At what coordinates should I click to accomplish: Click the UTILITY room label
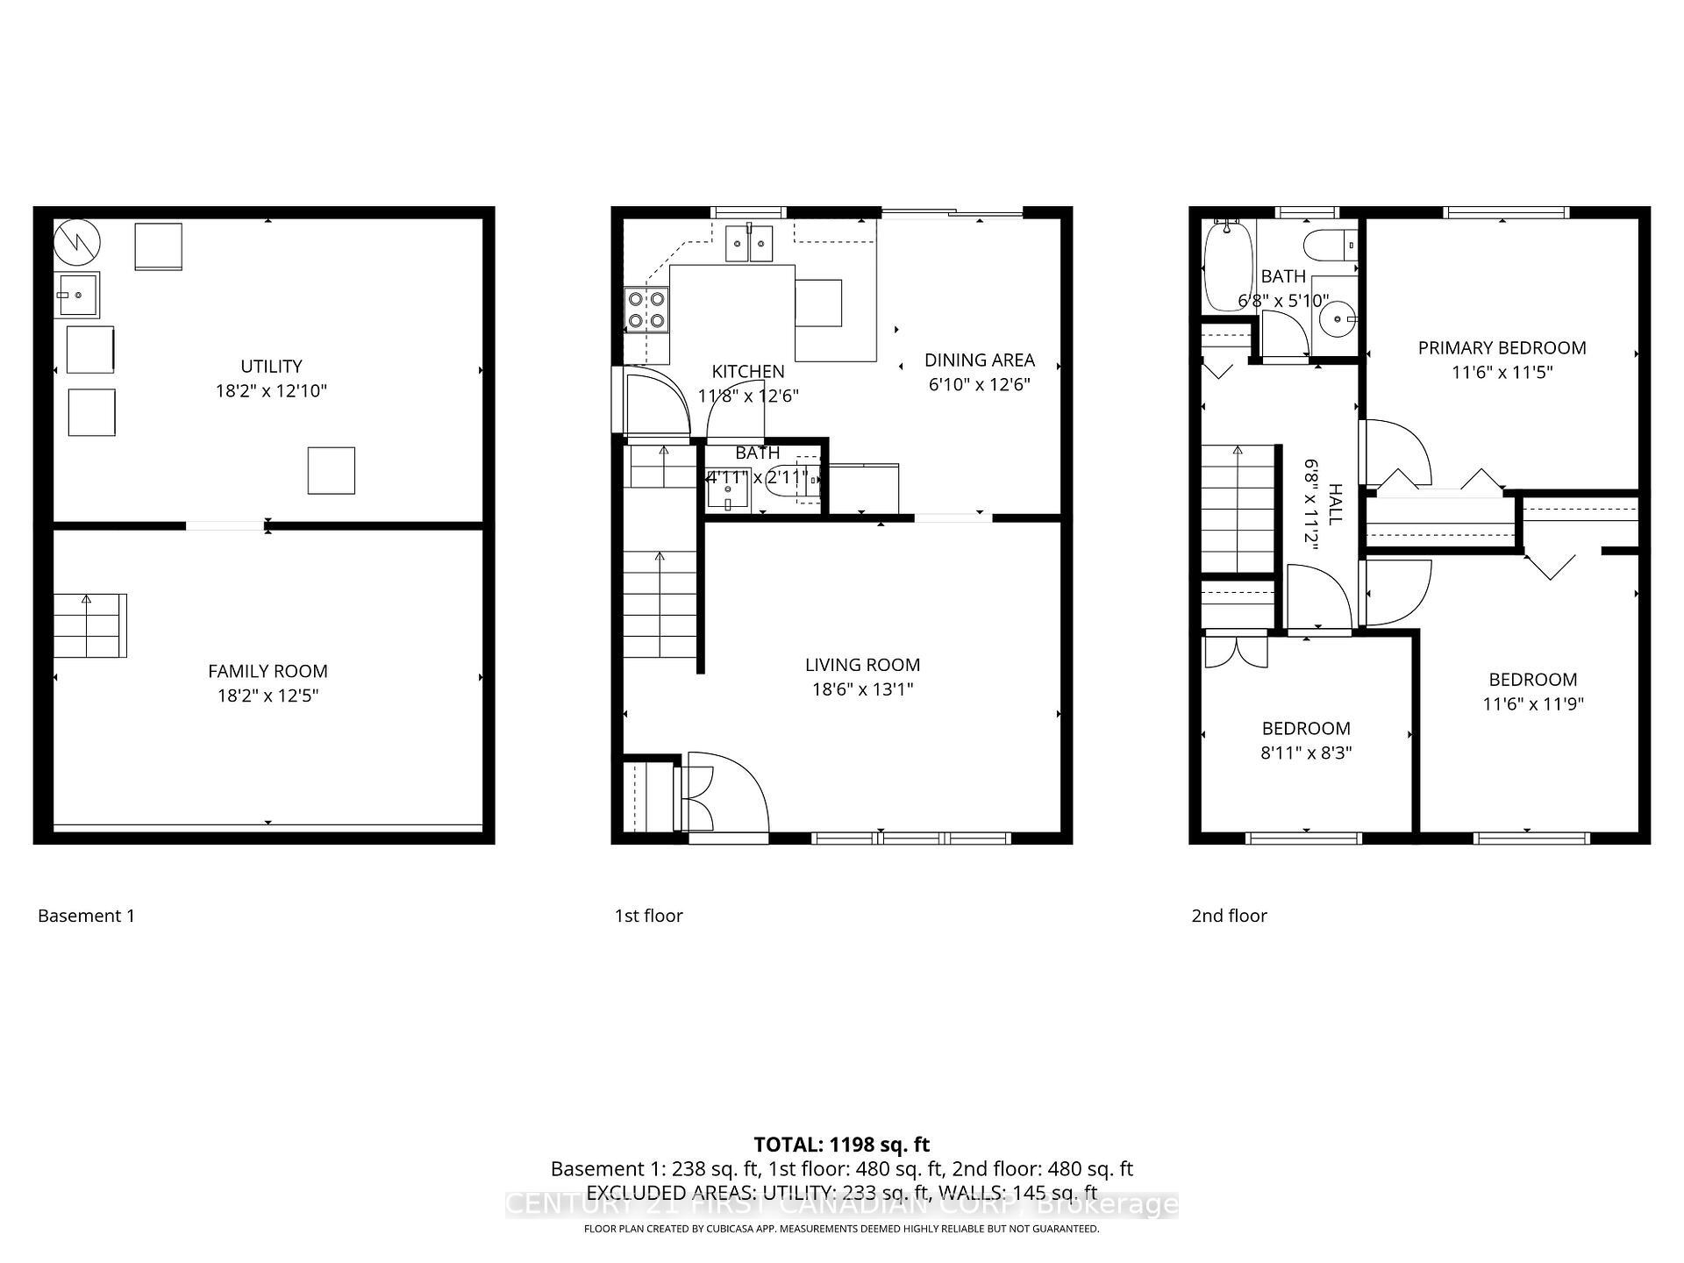pyautogui.click(x=271, y=367)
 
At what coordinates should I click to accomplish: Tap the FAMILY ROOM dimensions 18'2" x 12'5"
pyautogui.click(x=268, y=696)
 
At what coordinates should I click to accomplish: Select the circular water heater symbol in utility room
pyautogui.click(x=76, y=241)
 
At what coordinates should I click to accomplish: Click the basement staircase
pyautogui.click(x=89, y=625)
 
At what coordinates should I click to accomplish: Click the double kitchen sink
pyautogui.click(x=748, y=243)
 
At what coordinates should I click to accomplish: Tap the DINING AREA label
pyautogui.click(x=979, y=360)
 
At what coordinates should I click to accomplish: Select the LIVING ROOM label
pyautogui.click(x=862, y=665)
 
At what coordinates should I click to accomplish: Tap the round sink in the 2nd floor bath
pyautogui.click(x=1338, y=318)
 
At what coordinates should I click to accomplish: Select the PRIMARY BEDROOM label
pyautogui.click(x=1502, y=348)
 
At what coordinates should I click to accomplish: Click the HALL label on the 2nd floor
pyautogui.click(x=1334, y=503)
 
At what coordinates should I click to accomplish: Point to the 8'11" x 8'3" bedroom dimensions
pyautogui.click(x=1306, y=753)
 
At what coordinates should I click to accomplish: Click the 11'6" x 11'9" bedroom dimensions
pyautogui.click(x=1532, y=703)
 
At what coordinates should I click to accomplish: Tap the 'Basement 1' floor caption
pyautogui.click(x=86, y=916)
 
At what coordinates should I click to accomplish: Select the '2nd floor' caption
pyautogui.click(x=1229, y=916)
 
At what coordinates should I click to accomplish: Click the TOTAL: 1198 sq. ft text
pyautogui.click(x=841, y=1145)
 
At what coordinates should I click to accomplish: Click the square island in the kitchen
pyautogui.click(x=818, y=303)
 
